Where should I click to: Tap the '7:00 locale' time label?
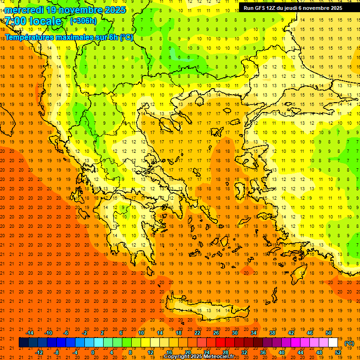[x=33, y=21]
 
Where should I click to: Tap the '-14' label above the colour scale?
[x=30, y=332]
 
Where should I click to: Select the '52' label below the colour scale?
[x=338, y=352]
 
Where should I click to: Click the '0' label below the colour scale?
[x=92, y=352]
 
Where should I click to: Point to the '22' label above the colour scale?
[x=197, y=332]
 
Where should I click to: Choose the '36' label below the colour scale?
[x=263, y=352]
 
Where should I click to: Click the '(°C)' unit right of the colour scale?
[x=349, y=343]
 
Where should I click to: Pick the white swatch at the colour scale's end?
[x=333, y=342]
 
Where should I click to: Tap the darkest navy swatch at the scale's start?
[x=23, y=342]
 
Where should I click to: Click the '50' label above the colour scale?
[x=328, y=332]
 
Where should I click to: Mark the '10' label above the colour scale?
[x=141, y=332]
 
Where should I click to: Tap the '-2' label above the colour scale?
[x=84, y=332]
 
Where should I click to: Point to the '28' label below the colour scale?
[x=225, y=352]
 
